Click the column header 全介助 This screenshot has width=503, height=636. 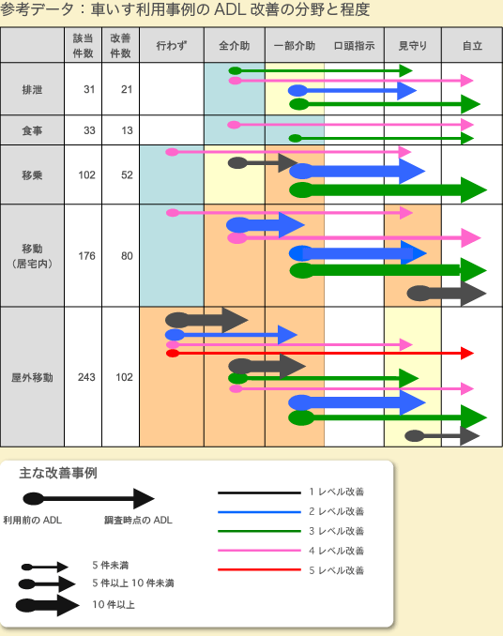[x=234, y=46]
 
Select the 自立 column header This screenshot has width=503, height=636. [x=472, y=46]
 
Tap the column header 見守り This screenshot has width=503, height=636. [x=413, y=46]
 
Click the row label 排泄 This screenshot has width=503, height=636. [x=32, y=89]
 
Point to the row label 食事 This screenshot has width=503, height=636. [x=32, y=130]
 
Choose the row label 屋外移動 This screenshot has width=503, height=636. [x=32, y=378]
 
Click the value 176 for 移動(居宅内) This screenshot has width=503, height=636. [x=87, y=256]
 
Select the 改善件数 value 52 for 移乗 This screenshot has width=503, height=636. [x=127, y=174]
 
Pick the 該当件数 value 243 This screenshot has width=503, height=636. [x=86, y=377]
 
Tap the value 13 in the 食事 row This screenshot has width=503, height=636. [x=127, y=130]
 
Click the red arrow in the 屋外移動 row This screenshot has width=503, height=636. [x=320, y=354]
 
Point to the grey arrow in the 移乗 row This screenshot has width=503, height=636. [x=263, y=163]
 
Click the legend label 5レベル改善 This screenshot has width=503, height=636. [x=336, y=570]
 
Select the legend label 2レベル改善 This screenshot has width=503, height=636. [x=336, y=511]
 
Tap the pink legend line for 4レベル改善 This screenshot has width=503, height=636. [x=259, y=551]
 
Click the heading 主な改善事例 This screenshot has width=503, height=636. [x=58, y=474]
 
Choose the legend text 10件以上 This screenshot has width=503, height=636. [x=114, y=605]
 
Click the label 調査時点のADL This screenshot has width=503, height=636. [x=138, y=520]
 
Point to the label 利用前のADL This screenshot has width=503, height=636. [x=33, y=520]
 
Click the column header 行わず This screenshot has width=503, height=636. [x=172, y=46]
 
